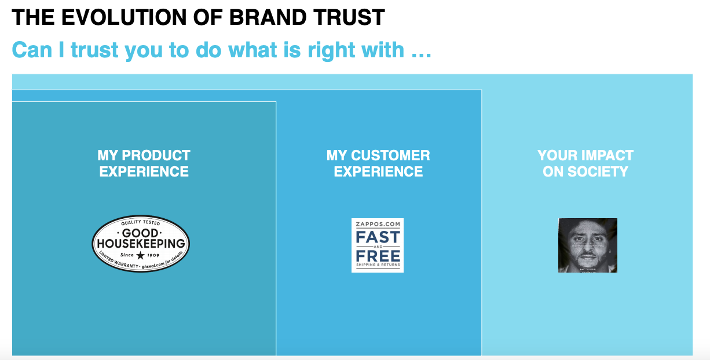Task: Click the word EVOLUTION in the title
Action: click(110, 18)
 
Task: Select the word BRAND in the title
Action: click(262, 18)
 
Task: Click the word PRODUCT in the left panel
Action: click(156, 156)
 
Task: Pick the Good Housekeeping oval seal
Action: click(141, 244)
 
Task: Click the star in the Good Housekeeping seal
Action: click(141, 255)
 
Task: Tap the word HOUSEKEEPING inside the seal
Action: click(141, 244)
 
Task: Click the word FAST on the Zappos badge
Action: click(378, 237)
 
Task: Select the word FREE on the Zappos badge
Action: click(378, 255)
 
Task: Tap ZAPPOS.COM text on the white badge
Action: click(378, 224)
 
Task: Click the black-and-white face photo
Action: click(587, 245)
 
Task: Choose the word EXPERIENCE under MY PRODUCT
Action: click(144, 172)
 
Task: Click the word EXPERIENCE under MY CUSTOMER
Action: click(378, 172)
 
